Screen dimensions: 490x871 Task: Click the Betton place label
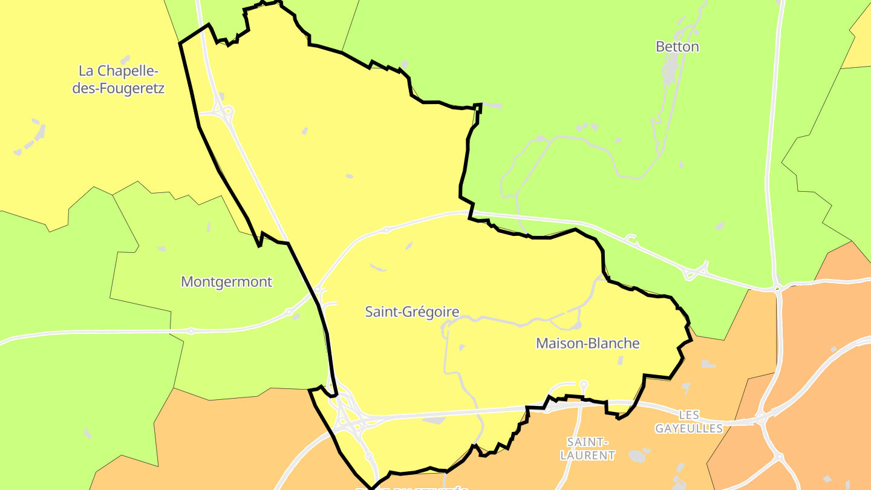click(677, 47)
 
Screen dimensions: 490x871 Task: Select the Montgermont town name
click(227, 282)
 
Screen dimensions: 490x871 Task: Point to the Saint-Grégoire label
click(412, 312)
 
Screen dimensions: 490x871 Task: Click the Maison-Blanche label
click(587, 344)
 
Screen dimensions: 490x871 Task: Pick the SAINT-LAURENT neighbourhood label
click(587, 448)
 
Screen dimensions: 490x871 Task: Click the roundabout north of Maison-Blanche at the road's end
click(583, 384)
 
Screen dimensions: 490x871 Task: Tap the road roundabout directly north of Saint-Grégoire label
click(387, 230)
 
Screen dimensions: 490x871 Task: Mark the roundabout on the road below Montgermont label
click(191, 331)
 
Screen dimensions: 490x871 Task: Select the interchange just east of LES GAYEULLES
click(763, 418)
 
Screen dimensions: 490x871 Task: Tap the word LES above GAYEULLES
click(689, 415)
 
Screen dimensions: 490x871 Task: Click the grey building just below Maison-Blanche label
click(620, 361)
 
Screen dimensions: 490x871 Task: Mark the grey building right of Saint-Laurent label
click(637, 456)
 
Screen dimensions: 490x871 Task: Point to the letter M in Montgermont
click(187, 282)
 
